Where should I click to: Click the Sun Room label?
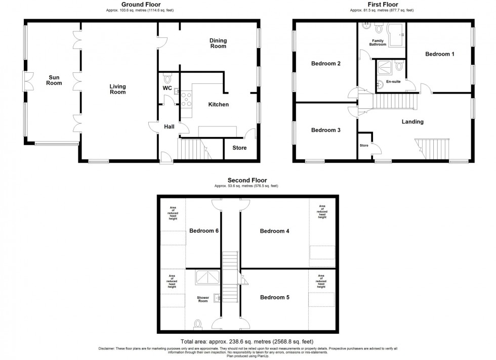pyautogui.click(x=54, y=80)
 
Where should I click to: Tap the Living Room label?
pyautogui.click(x=117, y=89)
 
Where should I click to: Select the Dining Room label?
pyautogui.click(x=219, y=43)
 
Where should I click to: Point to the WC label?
pyautogui.click(x=168, y=88)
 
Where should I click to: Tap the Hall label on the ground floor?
pyautogui.click(x=170, y=127)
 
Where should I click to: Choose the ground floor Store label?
pyautogui.click(x=239, y=148)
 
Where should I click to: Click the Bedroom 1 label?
pyautogui.click(x=439, y=54)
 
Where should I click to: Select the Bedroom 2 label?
pyautogui.click(x=325, y=64)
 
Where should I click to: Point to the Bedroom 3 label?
pyautogui.click(x=325, y=130)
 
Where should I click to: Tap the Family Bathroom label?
pyautogui.click(x=378, y=42)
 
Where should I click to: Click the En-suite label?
pyautogui.click(x=393, y=81)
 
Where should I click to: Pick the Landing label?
pyautogui.click(x=412, y=122)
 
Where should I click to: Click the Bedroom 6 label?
pyautogui.click(x=204, y=231)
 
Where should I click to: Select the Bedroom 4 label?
pyautogui.click(x=274, y=231)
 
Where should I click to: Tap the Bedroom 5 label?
pyautogui.click(x=275, y=297)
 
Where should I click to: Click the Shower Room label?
pyautogui.click(x=203, y=299)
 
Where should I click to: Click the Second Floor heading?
pyautogui.click(x=247, y=180)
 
